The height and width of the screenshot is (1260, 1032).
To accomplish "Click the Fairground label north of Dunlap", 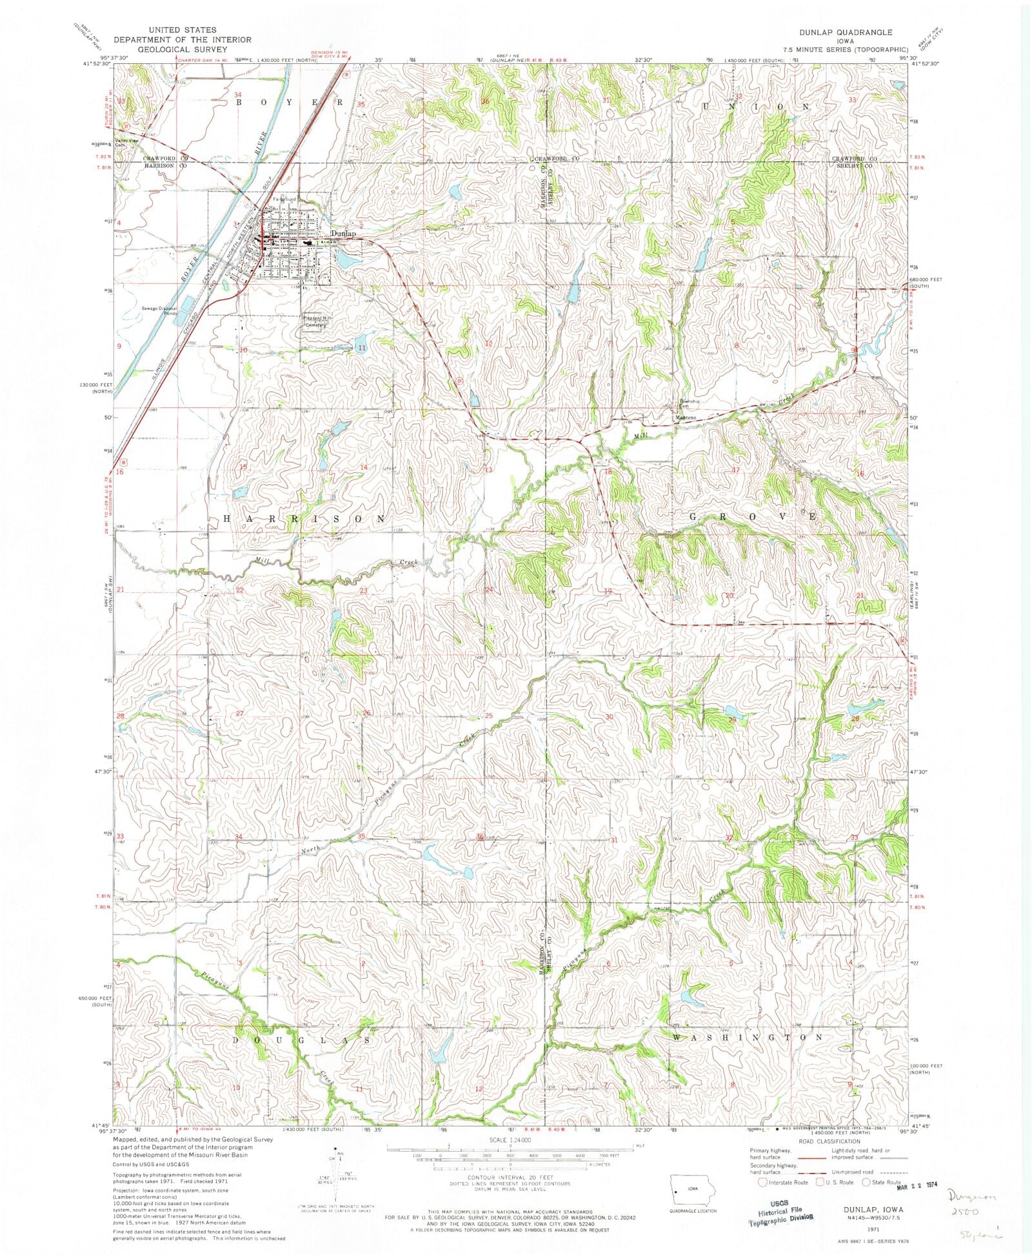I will pyautogui.click(x=284, y=199).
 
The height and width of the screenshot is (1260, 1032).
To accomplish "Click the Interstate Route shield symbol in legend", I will pyautogui.click(x=763, y=1183).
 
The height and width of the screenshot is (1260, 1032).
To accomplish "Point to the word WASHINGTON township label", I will pyautogui.click(x=748, y=1037).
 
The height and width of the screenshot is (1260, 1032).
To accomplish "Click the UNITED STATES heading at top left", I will pyautogui.click(x=182, y=30).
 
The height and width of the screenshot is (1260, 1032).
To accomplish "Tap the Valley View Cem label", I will pyautogui.click(x=126, y=143).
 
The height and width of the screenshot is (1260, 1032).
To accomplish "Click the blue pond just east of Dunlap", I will pyautogui.click(x=347, y=260).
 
